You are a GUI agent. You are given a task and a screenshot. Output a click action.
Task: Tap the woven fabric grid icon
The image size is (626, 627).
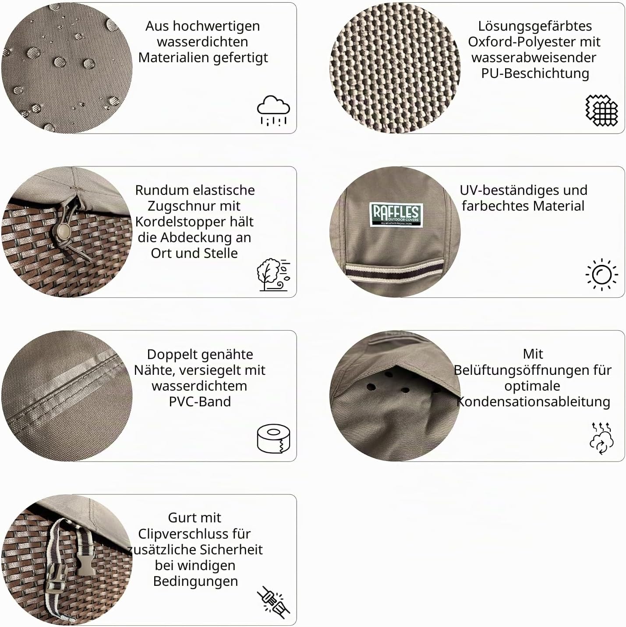pos(601,110)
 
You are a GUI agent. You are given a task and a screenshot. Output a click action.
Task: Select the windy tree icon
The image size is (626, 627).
pos(273,275)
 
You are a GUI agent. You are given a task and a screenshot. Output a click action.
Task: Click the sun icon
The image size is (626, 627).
pos(601,275)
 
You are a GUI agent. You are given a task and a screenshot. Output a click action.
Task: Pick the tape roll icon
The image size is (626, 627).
pos(273,438)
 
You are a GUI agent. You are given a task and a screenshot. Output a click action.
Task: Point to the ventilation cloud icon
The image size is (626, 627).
pos(601,438)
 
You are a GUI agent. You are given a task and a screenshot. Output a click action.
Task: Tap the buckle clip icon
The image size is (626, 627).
pos(273,602)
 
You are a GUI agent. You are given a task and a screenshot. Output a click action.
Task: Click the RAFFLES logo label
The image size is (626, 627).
pos(396,215)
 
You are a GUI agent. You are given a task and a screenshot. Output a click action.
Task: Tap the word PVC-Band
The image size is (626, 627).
pos(200,401)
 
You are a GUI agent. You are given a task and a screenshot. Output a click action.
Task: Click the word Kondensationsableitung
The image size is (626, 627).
pos(534,402)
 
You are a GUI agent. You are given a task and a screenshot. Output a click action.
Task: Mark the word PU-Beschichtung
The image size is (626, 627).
pos(535,73)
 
